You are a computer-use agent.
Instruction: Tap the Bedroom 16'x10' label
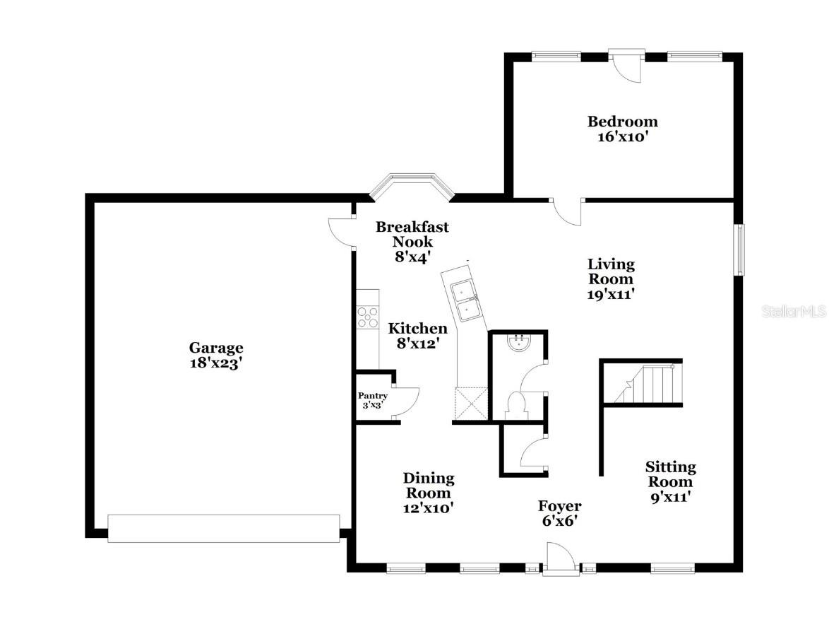pyautogui.click(x=622, y=129)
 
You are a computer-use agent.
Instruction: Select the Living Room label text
pyautogui.click(x=611, y=279)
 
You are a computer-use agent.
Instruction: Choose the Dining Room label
pyautogui.click(x=428, y=493)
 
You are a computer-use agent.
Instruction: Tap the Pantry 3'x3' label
pyautogui.click(x=372, y=401)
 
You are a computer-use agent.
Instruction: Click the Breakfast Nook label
pyautogui.click(x=412, y=242)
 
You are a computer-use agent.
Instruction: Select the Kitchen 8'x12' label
pyautogui.click(x=417, y=336)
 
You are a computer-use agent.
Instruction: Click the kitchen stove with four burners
pyautogui.click(x=367, y=317)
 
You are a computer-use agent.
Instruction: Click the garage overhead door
pyautogui.click(x=224, y=528)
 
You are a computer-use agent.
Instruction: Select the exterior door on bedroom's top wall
pyautogui.click(x=627, y=64)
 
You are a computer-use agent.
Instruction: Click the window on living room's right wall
pyautogui.click(x=739, y=250)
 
